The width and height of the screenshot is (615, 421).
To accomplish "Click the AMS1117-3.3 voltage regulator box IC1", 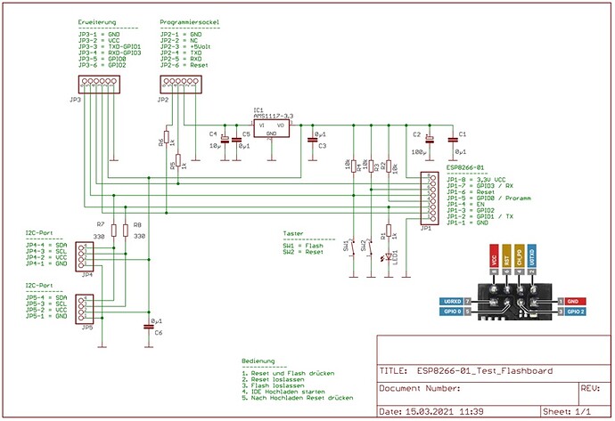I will click(x=275, y=129).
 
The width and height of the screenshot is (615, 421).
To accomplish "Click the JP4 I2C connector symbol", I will click(x=85, y=256).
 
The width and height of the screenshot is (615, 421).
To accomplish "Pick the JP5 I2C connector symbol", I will click(x=85, y=309).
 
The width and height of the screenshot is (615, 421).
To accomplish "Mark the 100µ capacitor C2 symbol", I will click(x=429, y=141).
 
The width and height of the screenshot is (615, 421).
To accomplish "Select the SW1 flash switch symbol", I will click(x=355, y=246).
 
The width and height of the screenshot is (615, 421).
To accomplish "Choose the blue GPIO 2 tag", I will click(x=574, y=312).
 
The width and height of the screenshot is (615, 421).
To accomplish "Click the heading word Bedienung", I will click(x=259, y=361).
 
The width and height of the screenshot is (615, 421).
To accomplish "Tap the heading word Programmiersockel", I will click(x=190, y=20).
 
